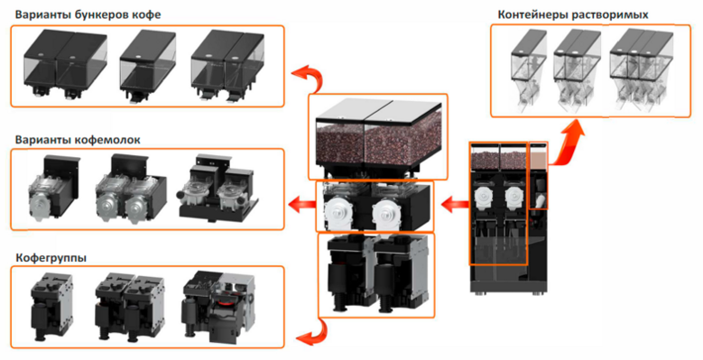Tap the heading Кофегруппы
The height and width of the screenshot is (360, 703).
click(x=51, y=258)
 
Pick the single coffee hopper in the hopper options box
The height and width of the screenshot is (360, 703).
click(x=147, y=66)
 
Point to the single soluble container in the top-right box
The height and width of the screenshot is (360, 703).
click(x=528, y=69)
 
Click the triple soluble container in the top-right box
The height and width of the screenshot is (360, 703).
click(x=641, y=69)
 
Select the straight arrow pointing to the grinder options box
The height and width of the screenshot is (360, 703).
click(x=301, y=206)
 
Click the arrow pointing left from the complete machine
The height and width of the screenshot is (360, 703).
click(x=455, y=205)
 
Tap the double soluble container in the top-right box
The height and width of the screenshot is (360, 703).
click(x=577, y=69)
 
